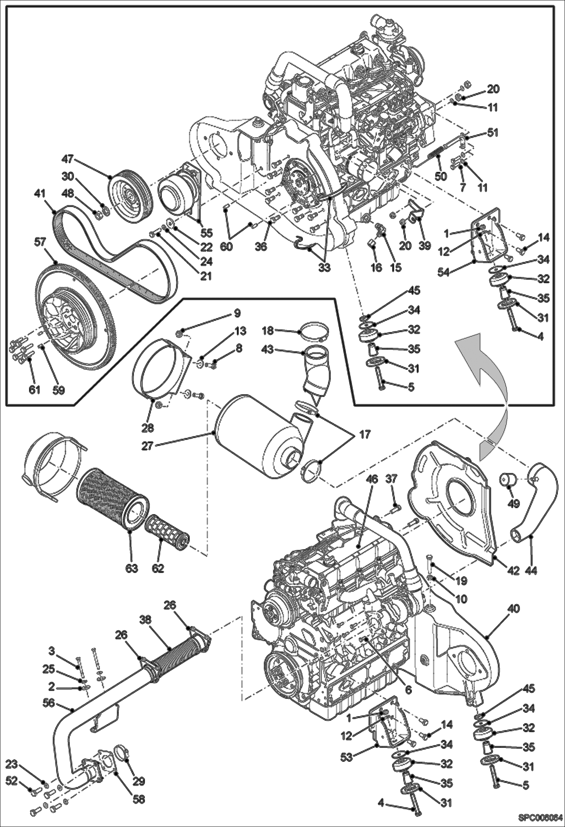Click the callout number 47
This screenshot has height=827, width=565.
(x=68, y=159)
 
